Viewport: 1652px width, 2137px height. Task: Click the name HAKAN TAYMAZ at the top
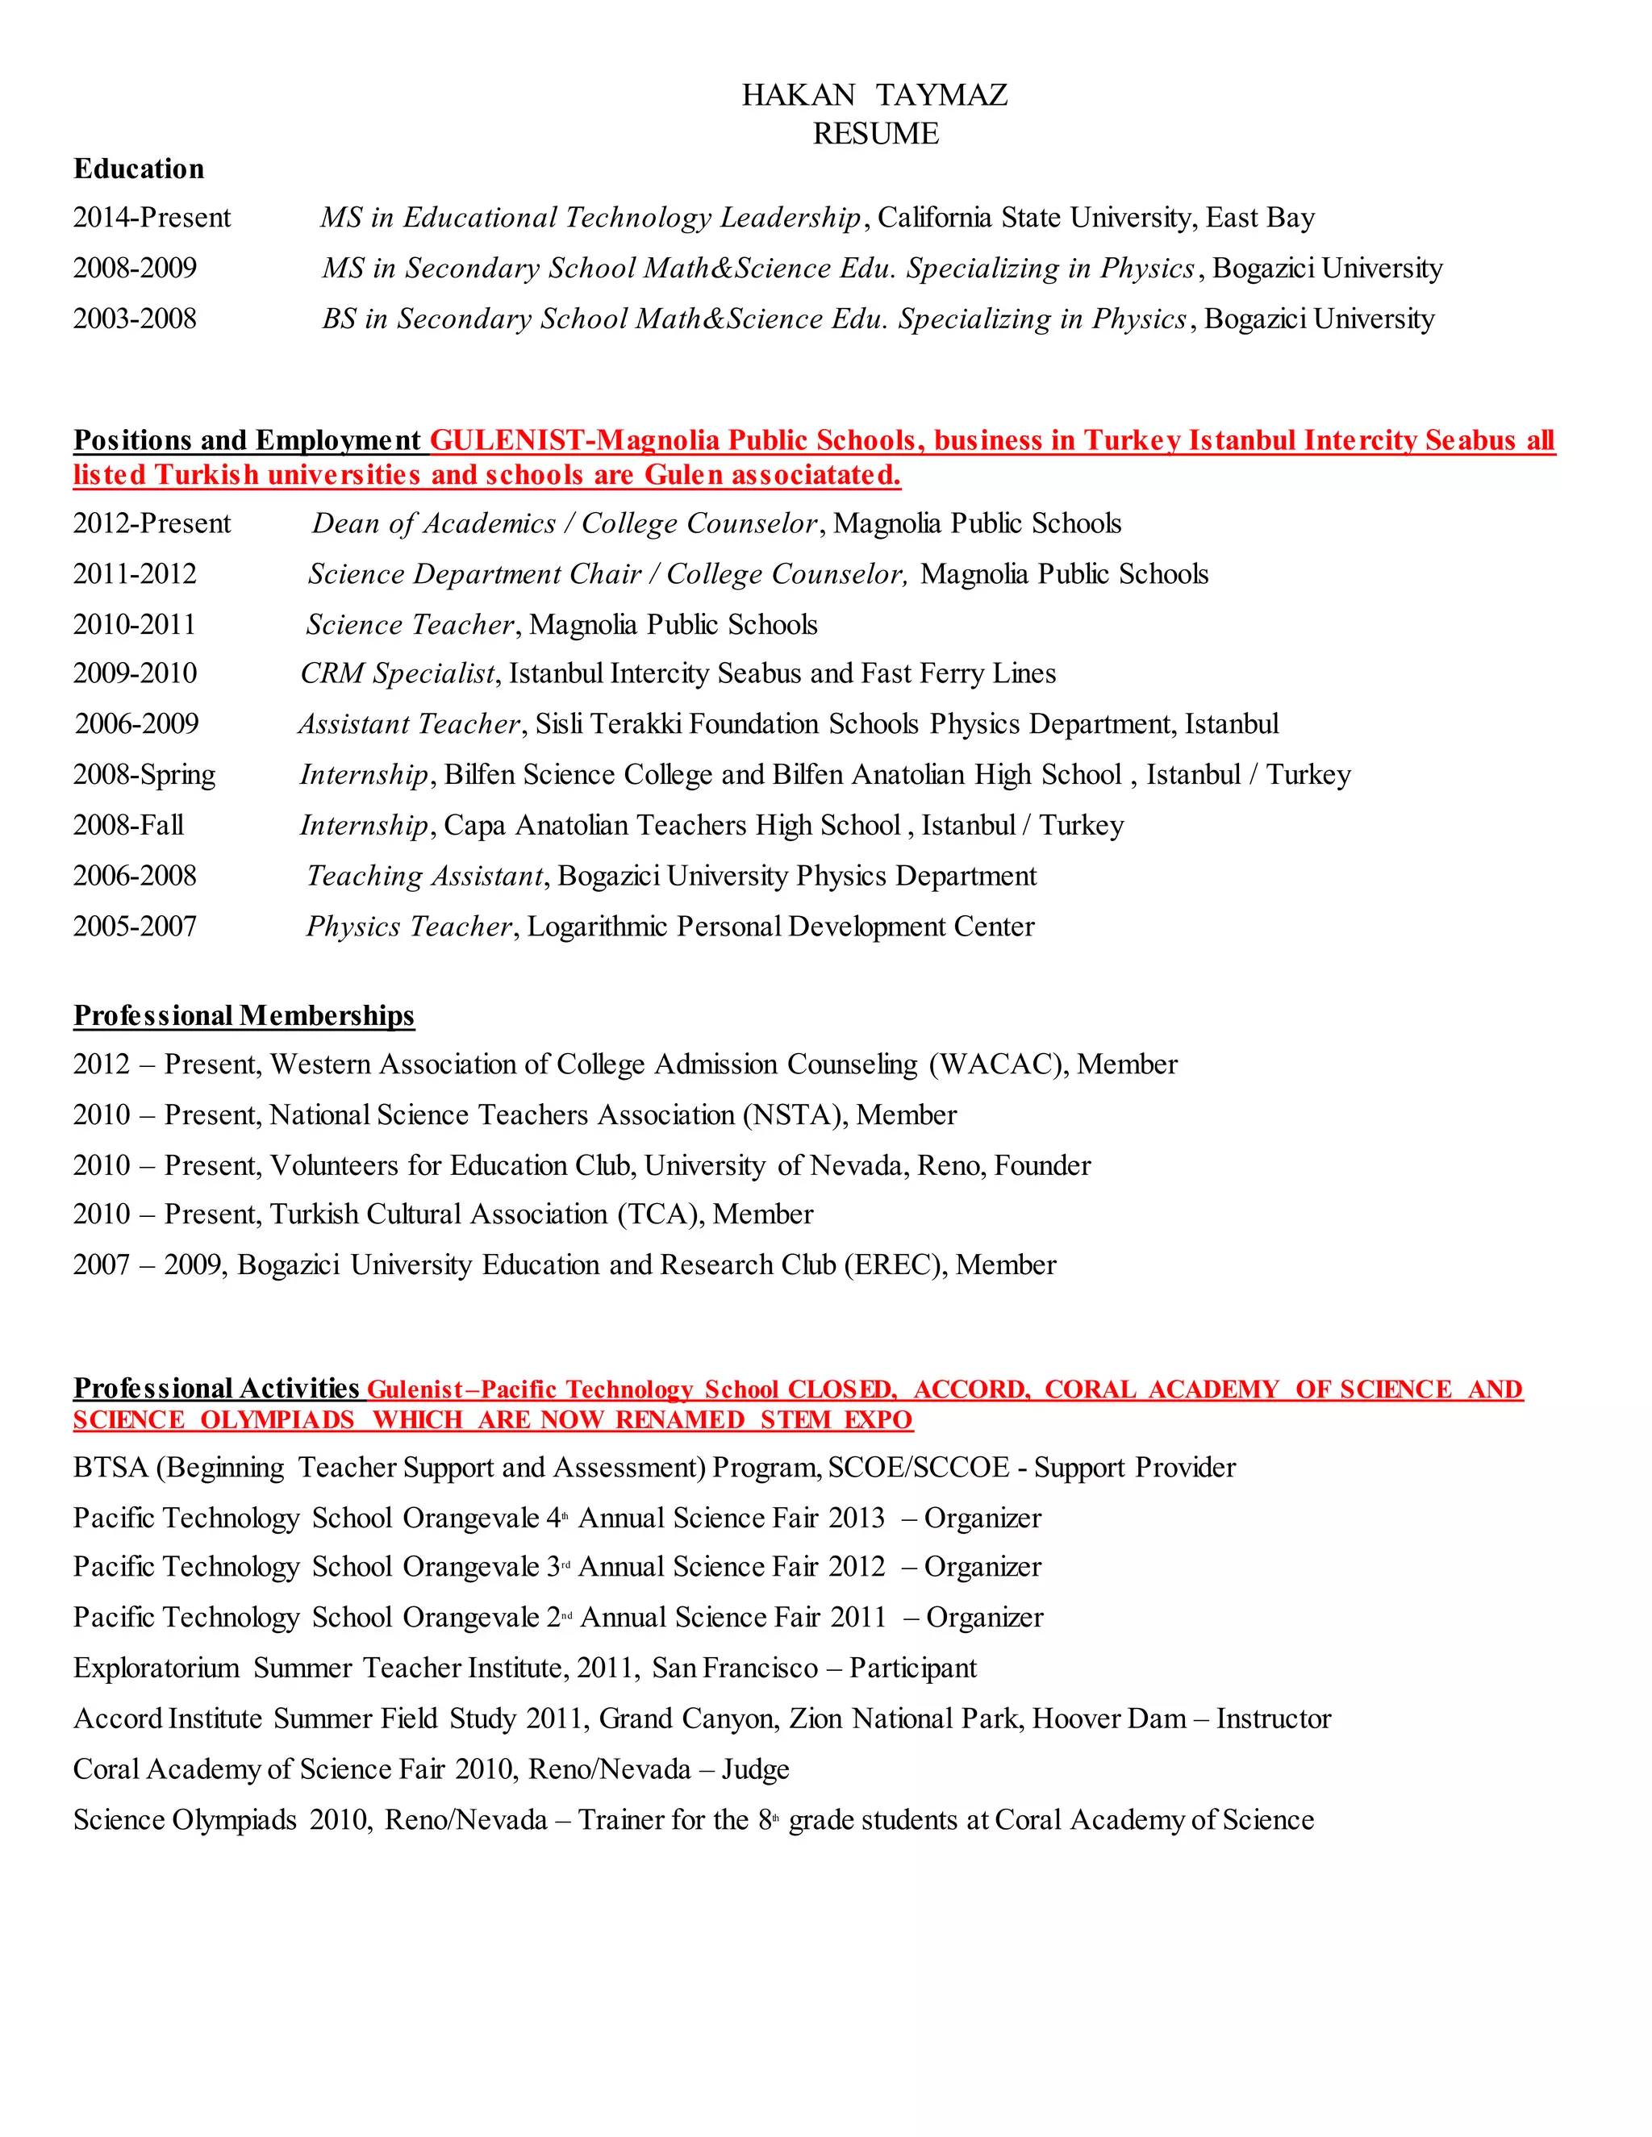(874, 95)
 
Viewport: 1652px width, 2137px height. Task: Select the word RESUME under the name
(875, 133)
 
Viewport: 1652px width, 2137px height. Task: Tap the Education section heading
(139, 169)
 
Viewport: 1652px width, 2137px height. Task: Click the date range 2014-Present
(152, 217)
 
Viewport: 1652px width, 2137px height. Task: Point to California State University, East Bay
(1095, 217)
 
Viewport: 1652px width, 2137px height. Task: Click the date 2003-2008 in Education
(135, 319)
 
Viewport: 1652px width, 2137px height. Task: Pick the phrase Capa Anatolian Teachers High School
(671, 826)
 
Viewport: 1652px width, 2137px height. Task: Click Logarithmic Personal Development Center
(780, 927)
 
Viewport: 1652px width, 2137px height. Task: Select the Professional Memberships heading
(244, 1015)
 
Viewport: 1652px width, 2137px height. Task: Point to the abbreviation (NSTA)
(795, 1115)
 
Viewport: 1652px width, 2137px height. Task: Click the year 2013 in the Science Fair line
(857, 1518)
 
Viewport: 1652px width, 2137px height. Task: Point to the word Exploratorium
(156, 1668)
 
